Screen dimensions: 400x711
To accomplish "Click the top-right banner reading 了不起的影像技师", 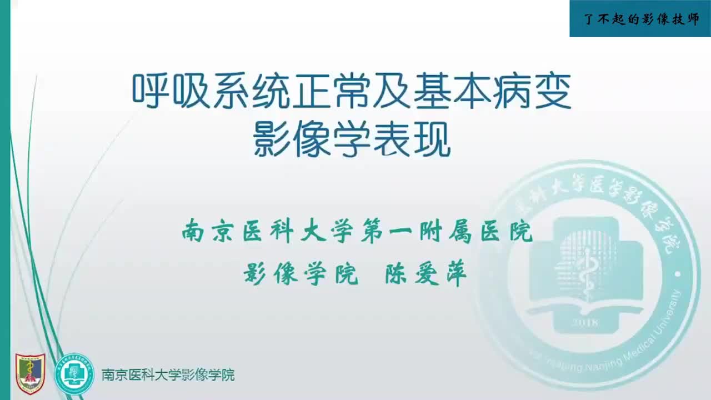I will pyautogui.click(x=640, y=19).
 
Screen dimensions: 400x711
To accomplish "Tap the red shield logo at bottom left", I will pyautogui.click(x=30, y=374).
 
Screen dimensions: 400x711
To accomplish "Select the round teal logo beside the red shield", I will pyautogui.click(x=74, y=374).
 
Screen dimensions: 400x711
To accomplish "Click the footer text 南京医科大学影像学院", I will pyautogui.click(x=168, y=375).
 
